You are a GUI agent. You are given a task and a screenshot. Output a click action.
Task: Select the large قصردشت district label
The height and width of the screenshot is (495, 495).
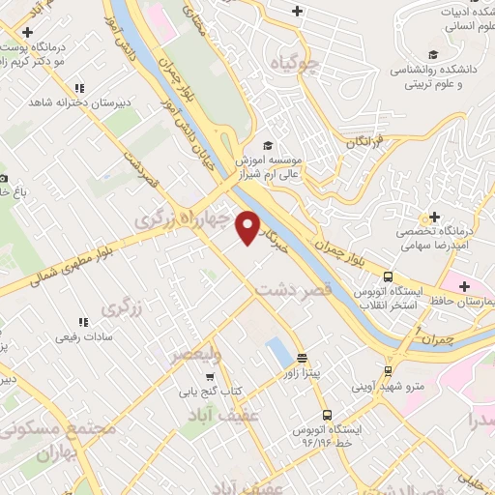[294, 288]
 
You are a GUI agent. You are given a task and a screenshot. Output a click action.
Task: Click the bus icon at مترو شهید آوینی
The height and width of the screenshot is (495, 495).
[389, 370]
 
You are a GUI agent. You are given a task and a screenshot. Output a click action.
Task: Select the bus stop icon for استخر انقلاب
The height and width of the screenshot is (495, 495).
[389, 275]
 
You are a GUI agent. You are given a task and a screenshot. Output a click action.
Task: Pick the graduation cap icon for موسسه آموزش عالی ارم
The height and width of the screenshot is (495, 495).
[268, 145]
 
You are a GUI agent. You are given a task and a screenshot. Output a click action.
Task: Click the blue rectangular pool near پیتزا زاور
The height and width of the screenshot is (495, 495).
[277, 351]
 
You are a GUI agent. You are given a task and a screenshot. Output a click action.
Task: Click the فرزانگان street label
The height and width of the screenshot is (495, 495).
[366, 142]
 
